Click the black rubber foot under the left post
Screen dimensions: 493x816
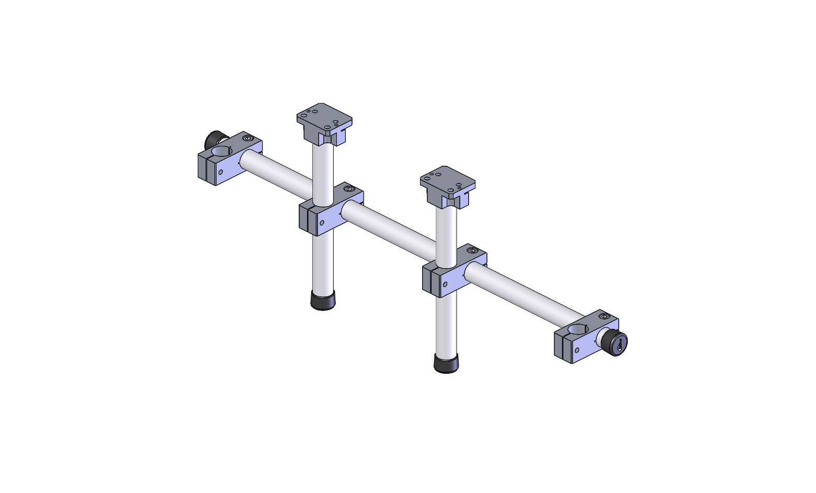(323, 301)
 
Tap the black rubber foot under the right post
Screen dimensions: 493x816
(446, 363)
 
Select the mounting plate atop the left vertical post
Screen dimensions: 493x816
(324, 119)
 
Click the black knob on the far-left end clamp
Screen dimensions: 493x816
(213, 139)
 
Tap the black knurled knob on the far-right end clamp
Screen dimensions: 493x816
(614, 342)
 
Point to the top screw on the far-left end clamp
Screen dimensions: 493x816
(247, 139)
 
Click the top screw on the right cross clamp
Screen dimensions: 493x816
(472, 251)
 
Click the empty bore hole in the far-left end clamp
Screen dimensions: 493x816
(222, 152)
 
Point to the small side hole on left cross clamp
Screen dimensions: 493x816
(322, 222)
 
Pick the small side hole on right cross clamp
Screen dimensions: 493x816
(445, 285)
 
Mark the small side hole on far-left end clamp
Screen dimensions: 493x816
(221, 171)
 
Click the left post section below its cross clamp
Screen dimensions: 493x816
(323, 261)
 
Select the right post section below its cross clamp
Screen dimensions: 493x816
(446, 324)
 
